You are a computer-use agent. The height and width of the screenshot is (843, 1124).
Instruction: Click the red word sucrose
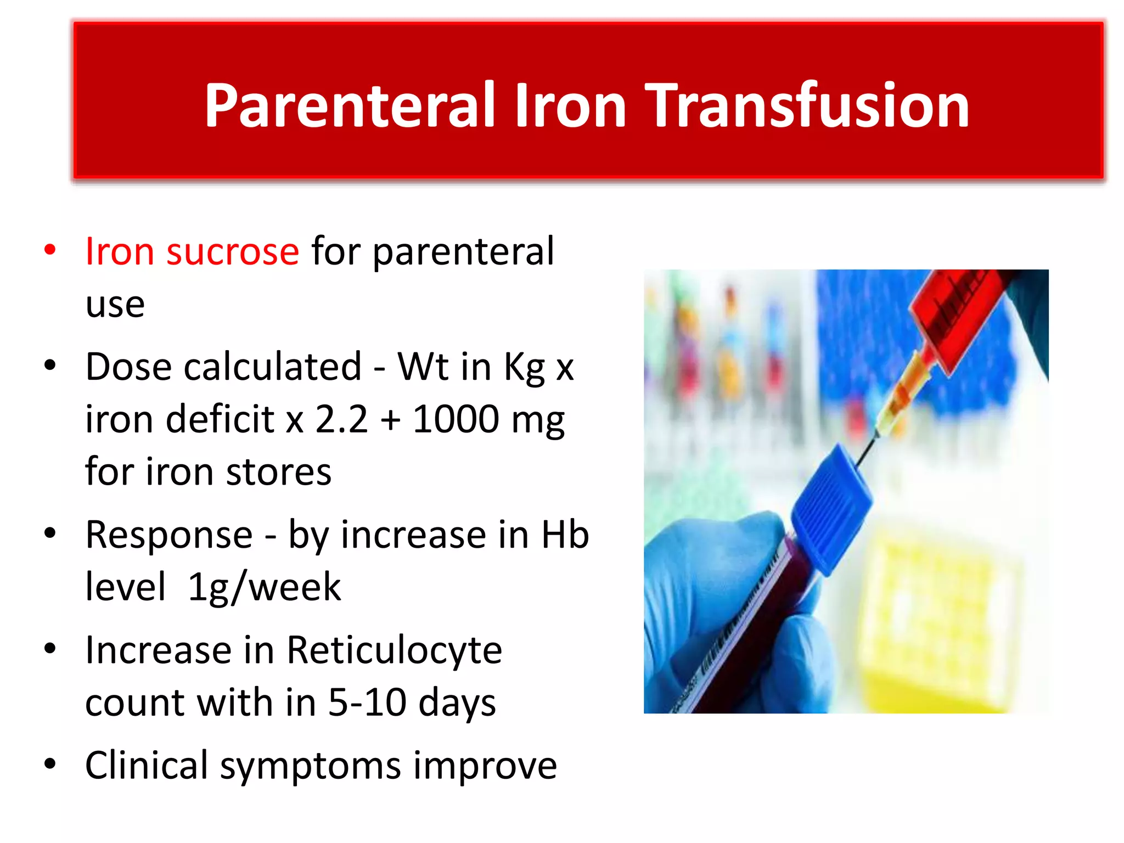233,251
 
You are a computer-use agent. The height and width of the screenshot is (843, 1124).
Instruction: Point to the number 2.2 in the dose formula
341,419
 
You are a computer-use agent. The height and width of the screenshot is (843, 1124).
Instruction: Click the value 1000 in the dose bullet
455,419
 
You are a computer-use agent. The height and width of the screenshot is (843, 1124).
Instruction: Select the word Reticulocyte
394,650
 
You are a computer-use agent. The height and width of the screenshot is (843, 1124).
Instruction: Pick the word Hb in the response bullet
565,535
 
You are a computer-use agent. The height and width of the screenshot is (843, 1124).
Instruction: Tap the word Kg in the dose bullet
524,367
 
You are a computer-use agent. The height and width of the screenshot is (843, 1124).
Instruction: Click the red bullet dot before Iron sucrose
50,250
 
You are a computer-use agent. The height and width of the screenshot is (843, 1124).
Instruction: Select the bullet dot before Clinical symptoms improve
50,764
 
